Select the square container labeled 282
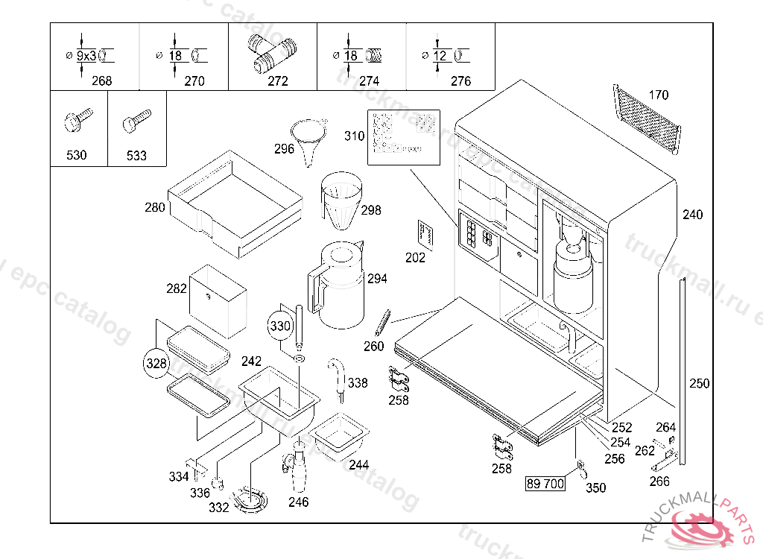click(217, 300)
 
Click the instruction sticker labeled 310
click(403, 137)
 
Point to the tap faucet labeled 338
click(337, 373)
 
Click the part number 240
click(692, 215)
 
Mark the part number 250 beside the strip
click(700, 384)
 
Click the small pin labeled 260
click(382, 322)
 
